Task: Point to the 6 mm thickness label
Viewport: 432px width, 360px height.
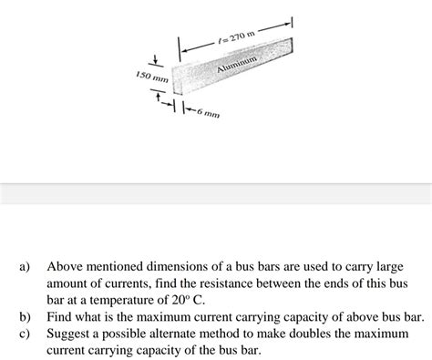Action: coord(204,116)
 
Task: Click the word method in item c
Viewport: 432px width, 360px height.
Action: coord(249,333)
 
